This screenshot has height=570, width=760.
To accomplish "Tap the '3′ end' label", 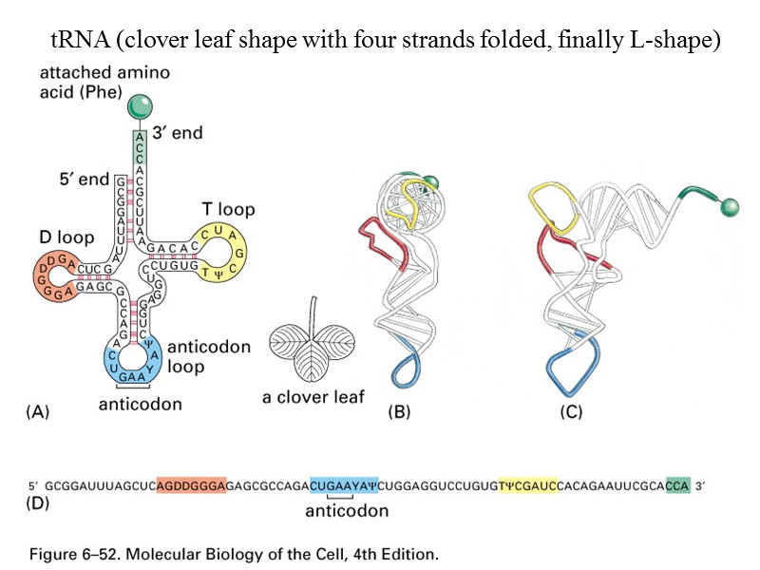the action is (178, 133).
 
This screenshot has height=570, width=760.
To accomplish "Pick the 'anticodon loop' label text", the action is (209, 356).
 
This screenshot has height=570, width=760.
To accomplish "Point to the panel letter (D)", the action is (36, 503).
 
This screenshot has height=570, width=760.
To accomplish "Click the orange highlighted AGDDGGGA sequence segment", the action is (192, 484).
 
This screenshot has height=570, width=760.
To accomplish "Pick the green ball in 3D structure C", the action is (731, 204).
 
